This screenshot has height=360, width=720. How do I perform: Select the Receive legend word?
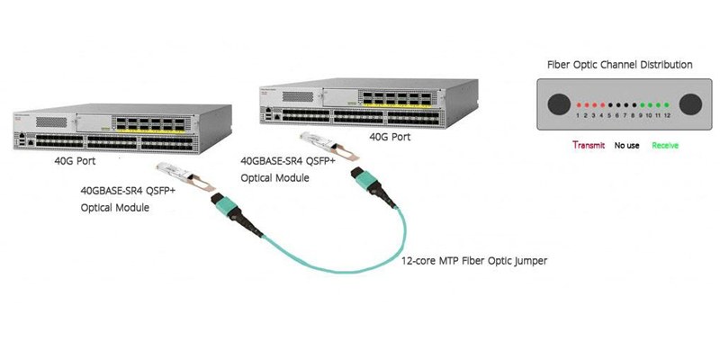[x=665, y=145]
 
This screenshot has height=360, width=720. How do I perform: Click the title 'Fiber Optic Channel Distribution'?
[x=620, y=65]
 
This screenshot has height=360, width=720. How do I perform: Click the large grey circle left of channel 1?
[x=557, y=103]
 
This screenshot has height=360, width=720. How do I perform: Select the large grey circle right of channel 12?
[x=689, y=103]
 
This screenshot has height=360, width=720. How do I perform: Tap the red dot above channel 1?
[x=576, y=105]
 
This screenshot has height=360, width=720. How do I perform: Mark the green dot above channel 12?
[x=667, y=105]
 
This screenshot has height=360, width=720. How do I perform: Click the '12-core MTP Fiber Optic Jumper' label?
[x=474, y=261]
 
